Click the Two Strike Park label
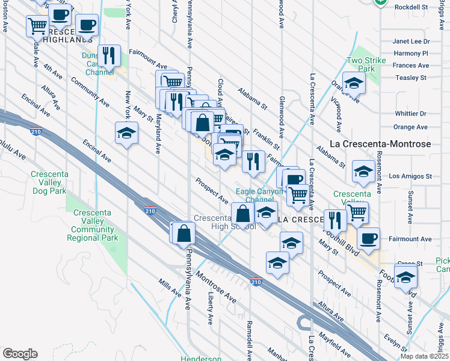click(x=361, y=65)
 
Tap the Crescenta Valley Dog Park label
click(x=49, y=182)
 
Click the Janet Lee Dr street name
click(x=411, y=42)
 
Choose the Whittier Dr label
click(x=411, y=113)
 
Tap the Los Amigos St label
click(x=411, y=176)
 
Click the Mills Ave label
click(x=170, y=288)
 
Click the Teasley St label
click(x=411, y=78)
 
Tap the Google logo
click(x=20, y=354)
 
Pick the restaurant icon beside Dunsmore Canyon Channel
click(x=109, y=55)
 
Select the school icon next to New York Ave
click(x=127, y=132)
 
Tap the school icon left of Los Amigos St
click(x=363, y=171)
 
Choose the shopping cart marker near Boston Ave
click(x=37, y=26)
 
